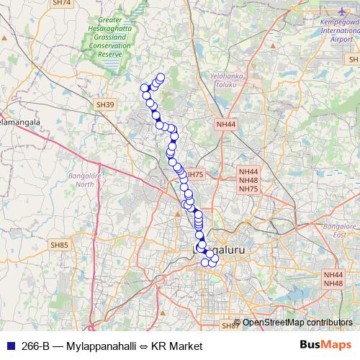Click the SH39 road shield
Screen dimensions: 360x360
tap(105, 105)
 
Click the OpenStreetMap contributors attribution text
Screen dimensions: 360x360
tap(298, 323)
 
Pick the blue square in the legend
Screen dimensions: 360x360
tap(9, 346)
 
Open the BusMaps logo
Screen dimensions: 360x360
tap(326, 346)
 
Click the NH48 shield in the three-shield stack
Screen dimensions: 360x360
tap(248, 180)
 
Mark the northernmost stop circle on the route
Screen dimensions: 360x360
tap(161, 78)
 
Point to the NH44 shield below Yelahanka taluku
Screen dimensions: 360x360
tap(225, 125)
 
